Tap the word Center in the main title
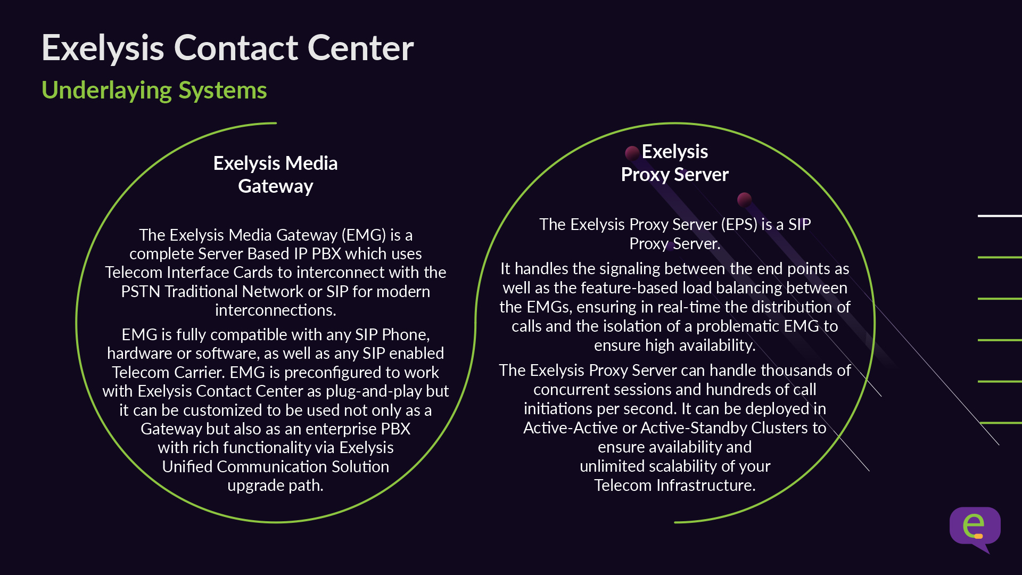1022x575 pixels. click(x=360, y=48)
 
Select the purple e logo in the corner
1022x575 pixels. click(x=975, y=528)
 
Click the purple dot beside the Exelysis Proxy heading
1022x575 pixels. click(x=632, y=153)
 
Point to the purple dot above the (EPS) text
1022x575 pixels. click(x=744, y=200)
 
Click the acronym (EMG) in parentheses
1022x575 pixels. click(x=364, y=235)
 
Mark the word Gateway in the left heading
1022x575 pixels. click(x=275, y=186)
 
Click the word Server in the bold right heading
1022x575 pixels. click(x=701, y=175)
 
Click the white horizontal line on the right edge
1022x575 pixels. click(x=999, y=216)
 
